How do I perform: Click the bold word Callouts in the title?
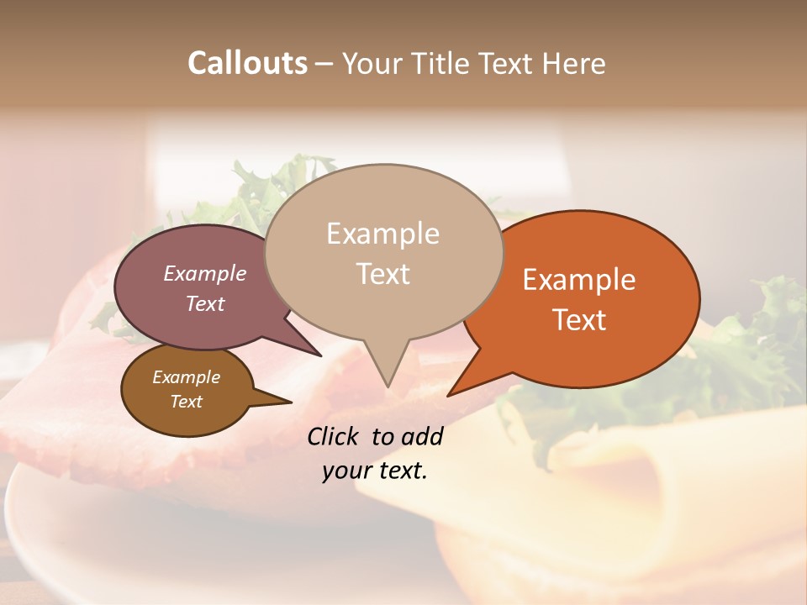[247, 63]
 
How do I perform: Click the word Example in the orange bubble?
[579, 280]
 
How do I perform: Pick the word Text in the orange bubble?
[579, 320]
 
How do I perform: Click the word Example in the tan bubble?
[382, 234]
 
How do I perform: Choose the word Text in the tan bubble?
[382, 274]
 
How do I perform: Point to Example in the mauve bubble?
[205, 273]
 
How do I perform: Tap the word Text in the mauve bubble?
[205, 303]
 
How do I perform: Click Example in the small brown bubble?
[187, 377]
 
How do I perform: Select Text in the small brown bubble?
[187, 402]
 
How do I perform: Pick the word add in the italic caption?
[421, 436]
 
